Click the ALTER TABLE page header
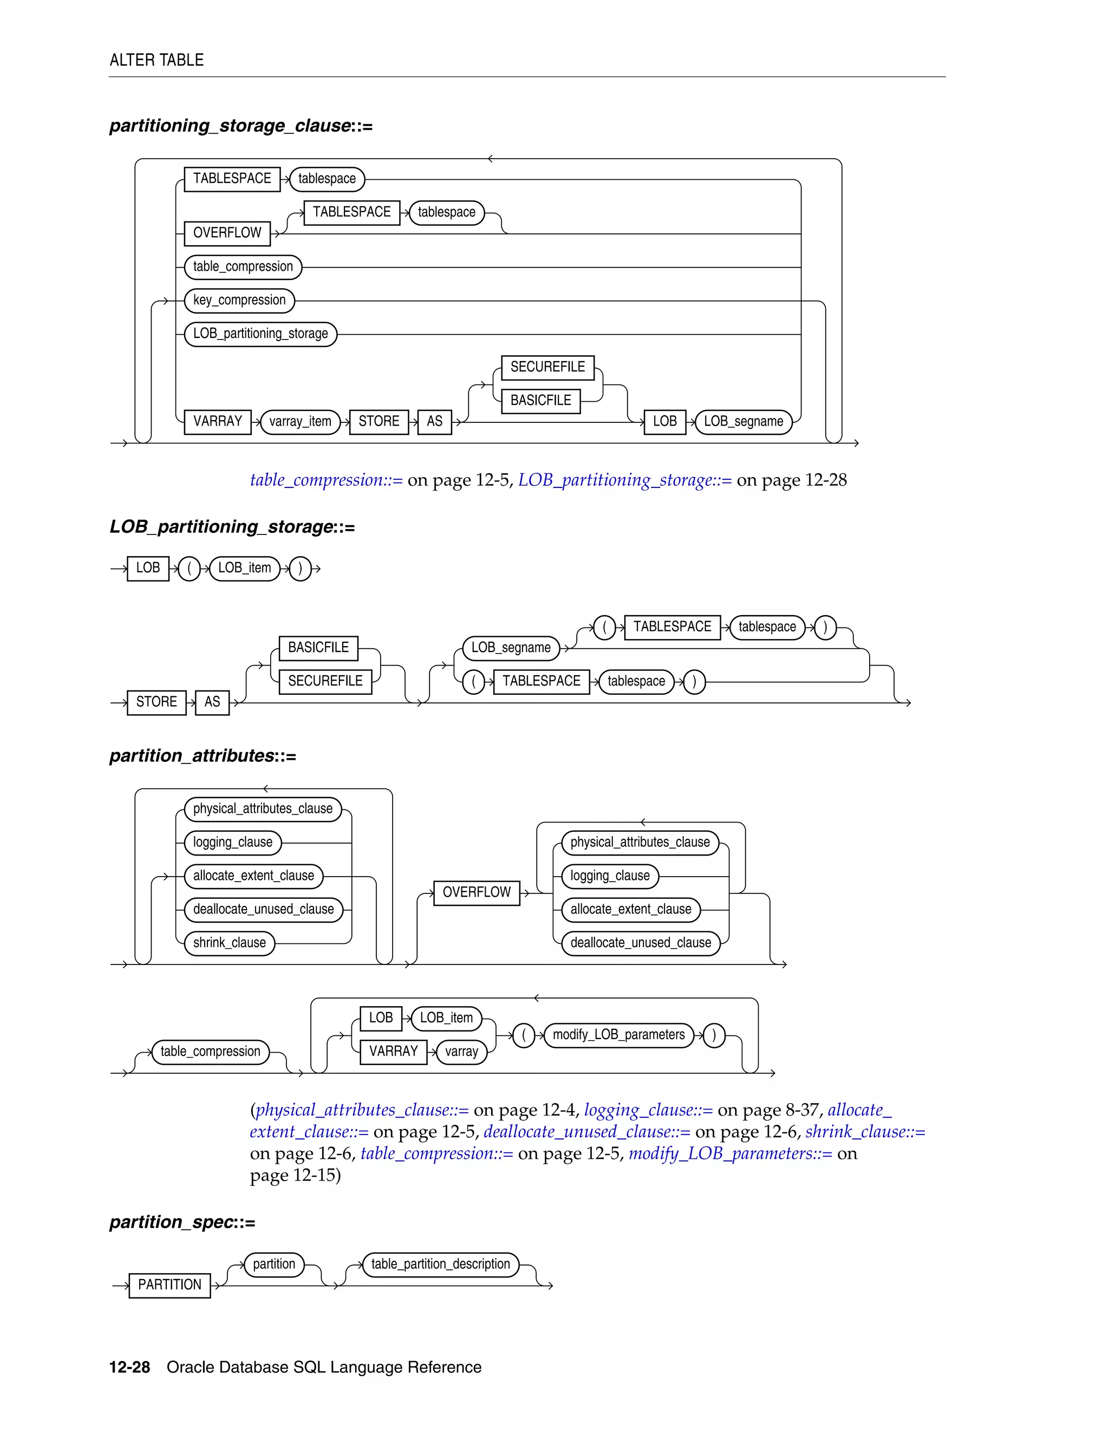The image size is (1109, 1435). click(156, 61)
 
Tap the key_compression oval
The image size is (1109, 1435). click(239, 301)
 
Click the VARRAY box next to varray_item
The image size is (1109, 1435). click(218, 421)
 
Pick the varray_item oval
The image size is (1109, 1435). click(300, 421)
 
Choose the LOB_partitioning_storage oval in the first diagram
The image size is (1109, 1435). click(260, 334)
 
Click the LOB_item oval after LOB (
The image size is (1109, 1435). click(244, 568)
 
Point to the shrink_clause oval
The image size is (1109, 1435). click(229, 943)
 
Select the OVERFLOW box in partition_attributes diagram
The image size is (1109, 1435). click(477, 892)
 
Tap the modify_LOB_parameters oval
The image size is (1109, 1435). click(618, 1035)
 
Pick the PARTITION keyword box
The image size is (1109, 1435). click(169, 1284)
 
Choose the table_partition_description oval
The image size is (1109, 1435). click(440, 1264)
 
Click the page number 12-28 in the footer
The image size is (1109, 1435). click(129, 1367)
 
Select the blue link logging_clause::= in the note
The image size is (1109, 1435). click(648, 1111)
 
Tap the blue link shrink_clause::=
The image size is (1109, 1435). click(865, 1132)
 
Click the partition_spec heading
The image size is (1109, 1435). click(182, 1222)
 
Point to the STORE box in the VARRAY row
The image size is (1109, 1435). click(379, 421)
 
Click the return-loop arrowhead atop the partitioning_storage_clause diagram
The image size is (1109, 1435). click(490, 159)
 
